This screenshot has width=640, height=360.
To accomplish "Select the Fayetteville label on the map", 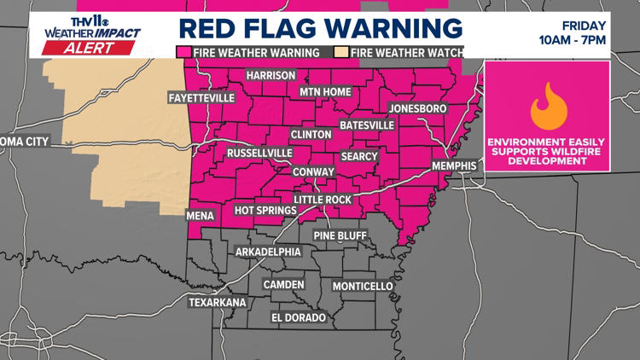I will (201, 98).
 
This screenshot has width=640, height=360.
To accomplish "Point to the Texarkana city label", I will (218, 302).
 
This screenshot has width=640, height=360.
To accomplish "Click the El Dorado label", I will (299, 318).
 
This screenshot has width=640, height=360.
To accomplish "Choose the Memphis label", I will (452, 165).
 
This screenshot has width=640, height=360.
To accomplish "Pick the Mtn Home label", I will (325, 91).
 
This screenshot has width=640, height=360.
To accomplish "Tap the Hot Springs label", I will (265, 210).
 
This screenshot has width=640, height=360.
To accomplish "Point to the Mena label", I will (202, 217).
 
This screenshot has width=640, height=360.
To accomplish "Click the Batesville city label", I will (367, 125).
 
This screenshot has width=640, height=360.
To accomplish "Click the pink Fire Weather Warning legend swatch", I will (183, 52).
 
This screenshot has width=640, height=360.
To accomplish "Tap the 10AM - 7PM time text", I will (587, 41).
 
